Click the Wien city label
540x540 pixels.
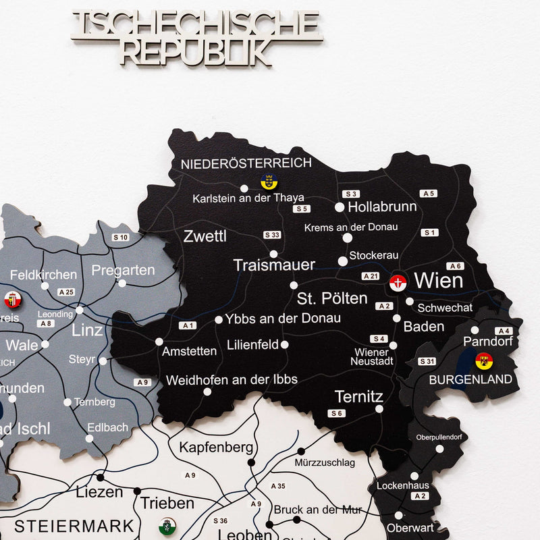tap(438, 280)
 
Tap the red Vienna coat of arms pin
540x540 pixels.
tap(398, 283)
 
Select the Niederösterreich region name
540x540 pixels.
tap(246, 163)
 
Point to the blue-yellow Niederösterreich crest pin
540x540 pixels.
tap(269, 181)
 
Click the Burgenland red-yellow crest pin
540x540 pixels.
tap(483, 361)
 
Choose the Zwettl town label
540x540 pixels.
tap(205, 236)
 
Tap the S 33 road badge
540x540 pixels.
tap(272, 235)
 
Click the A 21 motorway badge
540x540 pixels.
tap(371, 276)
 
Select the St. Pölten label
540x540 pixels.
tap(332, 298)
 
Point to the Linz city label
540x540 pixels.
tap(87, 330)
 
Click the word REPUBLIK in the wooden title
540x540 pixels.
tap(196, 51)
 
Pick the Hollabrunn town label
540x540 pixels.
tap(382, 207)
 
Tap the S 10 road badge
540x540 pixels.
tap(120, 237)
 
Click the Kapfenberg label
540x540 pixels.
tap(216, 447)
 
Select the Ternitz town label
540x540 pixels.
tap(359, 396)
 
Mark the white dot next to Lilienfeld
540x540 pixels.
tap(285, 344)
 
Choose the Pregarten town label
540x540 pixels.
tap(123, 270)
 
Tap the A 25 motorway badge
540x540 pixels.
tap(66, 292)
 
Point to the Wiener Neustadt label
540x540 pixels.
tap(371, 356)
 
